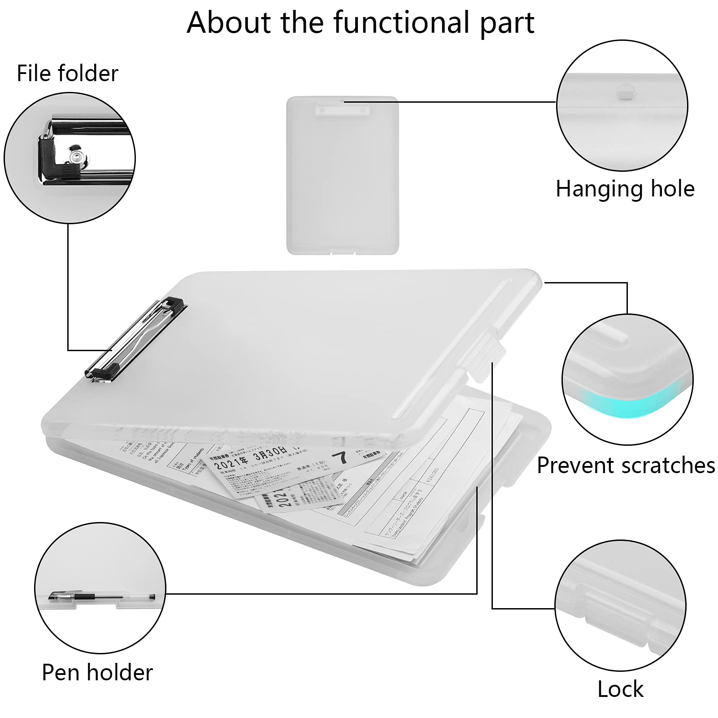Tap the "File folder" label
pyautogui.click(x=67, y=74)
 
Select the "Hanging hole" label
pyautogui.click(x=625, y=189)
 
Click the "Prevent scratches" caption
pyautogui.click(x=626, y=466)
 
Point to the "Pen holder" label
pyautogui.click(x=97, y=673)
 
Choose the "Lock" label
pyautogui.click(x=620, y=689)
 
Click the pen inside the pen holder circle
pyautogui.click(x=101, y=596)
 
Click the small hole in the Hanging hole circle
pyautogui.click(x=625, y=93)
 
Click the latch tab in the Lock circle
pyautogui.click(x=617, y=610)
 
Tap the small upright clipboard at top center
pyautogui.click(x=342, y=175)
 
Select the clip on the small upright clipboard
pyautogui.click(x=342, y=109)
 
